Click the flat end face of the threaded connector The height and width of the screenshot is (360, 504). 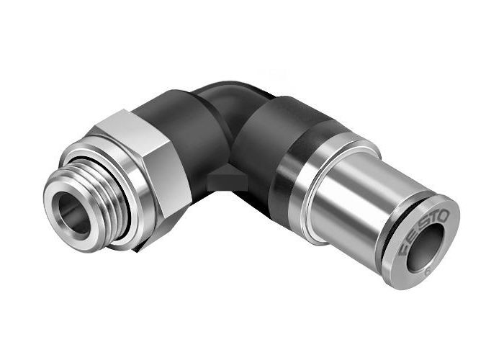[58, 209]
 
